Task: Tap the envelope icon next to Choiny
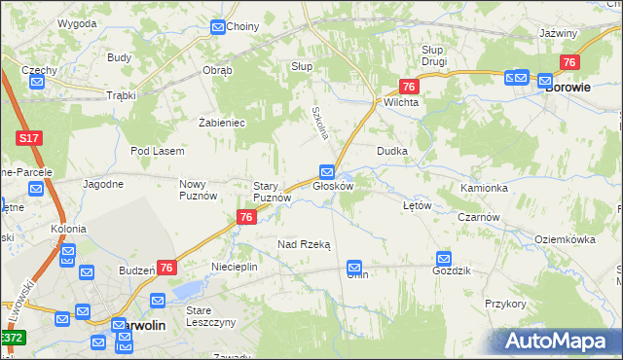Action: coord(218,27)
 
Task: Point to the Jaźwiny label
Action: coord(558,33)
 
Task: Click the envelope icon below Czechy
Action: coord(37,83)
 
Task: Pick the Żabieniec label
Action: coord(221,123)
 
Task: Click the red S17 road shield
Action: coord(29,139)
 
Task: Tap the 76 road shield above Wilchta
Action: coord(410,87)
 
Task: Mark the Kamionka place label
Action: coord(485,188)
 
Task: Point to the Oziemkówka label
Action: coord(566,238)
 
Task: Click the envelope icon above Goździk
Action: coord(444,258)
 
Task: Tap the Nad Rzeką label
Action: coord(305,245)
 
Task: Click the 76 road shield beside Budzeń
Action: coord(166,268)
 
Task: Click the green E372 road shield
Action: coord(12,338)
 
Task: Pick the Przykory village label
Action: coord(505,304)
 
